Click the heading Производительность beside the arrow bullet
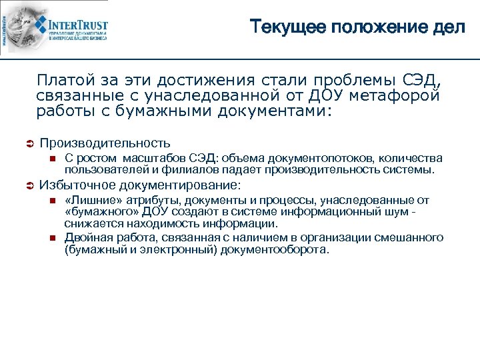pos(105,143)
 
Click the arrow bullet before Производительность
pos(27,143)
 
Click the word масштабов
pos(155,158)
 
